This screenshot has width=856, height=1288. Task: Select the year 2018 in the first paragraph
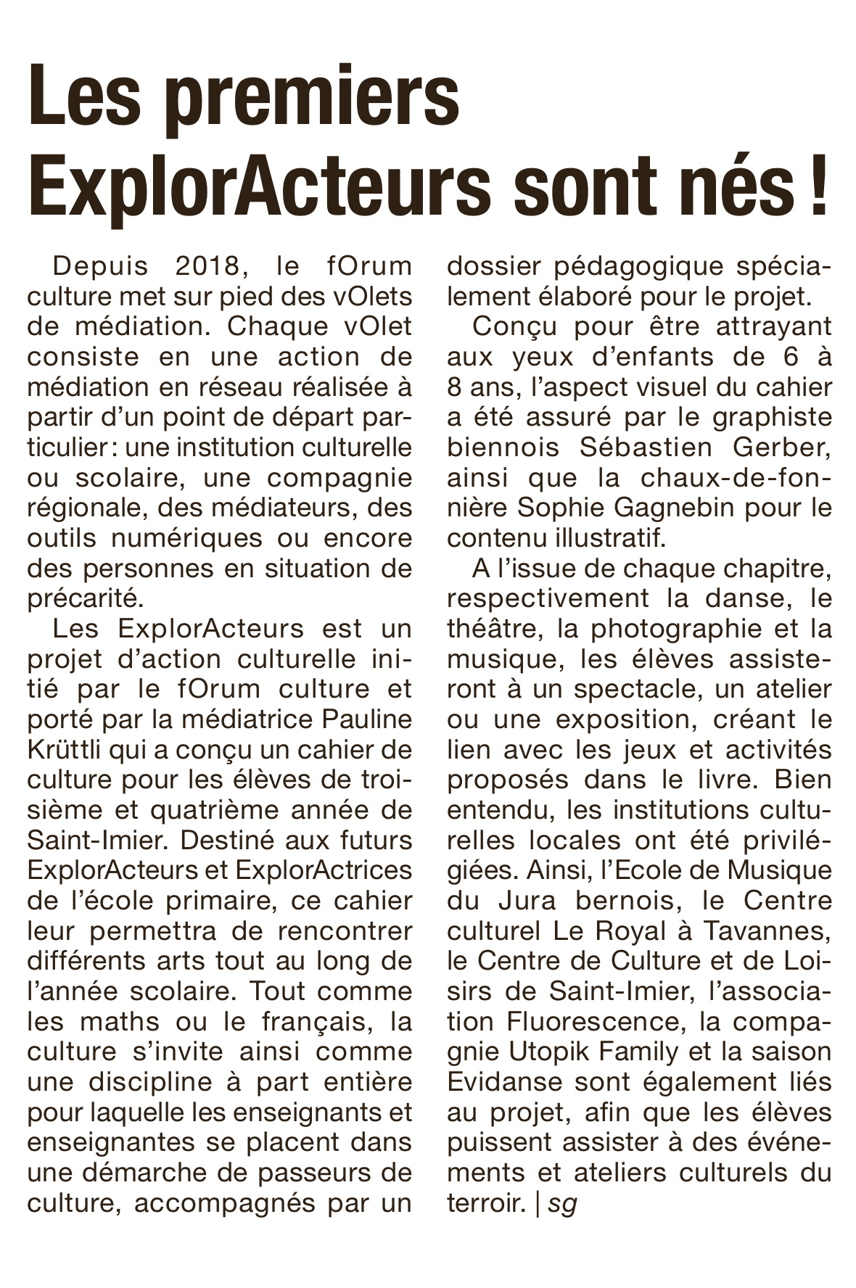[207, 265]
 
